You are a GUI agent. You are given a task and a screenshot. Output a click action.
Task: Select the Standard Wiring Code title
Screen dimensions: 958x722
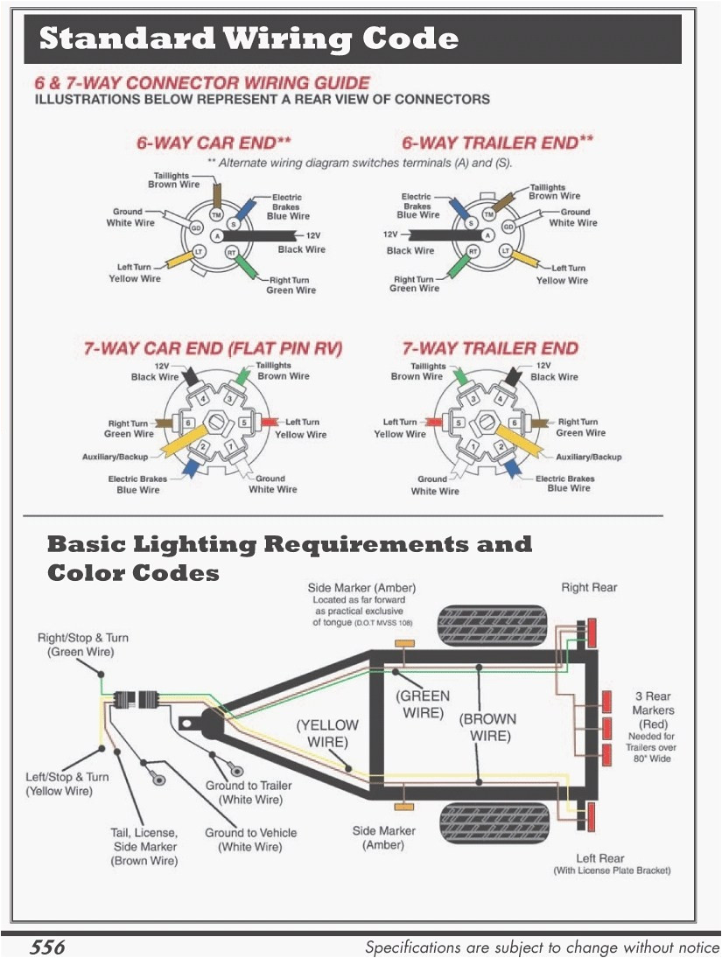pyautogui.click(x=249, y=39)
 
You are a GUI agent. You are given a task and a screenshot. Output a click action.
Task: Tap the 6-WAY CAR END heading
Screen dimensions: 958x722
pyautogui.click(x=214, y=143)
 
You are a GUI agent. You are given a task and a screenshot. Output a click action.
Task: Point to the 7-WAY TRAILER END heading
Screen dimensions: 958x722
pyautogui.click(x=489, y=348)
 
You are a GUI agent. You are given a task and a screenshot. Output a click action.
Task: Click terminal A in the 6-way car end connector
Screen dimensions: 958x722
pyautogui.click(x=216, y=236)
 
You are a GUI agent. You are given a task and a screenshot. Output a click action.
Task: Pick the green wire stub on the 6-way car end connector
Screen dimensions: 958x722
pyautogui.click(x=248, y=267)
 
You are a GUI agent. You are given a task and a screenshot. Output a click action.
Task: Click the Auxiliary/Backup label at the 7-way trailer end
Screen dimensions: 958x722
pyautogui.click(x=588, y=457)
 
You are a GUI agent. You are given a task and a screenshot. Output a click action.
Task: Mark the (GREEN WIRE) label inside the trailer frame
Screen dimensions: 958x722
pyautogui.click(x=424, y=704)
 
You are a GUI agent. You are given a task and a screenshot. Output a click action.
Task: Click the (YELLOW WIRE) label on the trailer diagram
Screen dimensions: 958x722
pyautogui.click(x=327, y=733)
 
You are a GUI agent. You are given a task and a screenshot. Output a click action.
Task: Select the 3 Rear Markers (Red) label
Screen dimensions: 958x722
pyautogui.click(x=654, y=710)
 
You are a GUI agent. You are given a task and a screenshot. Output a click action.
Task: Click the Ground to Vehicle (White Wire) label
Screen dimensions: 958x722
pyautogui.click(x=250, y=840)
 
